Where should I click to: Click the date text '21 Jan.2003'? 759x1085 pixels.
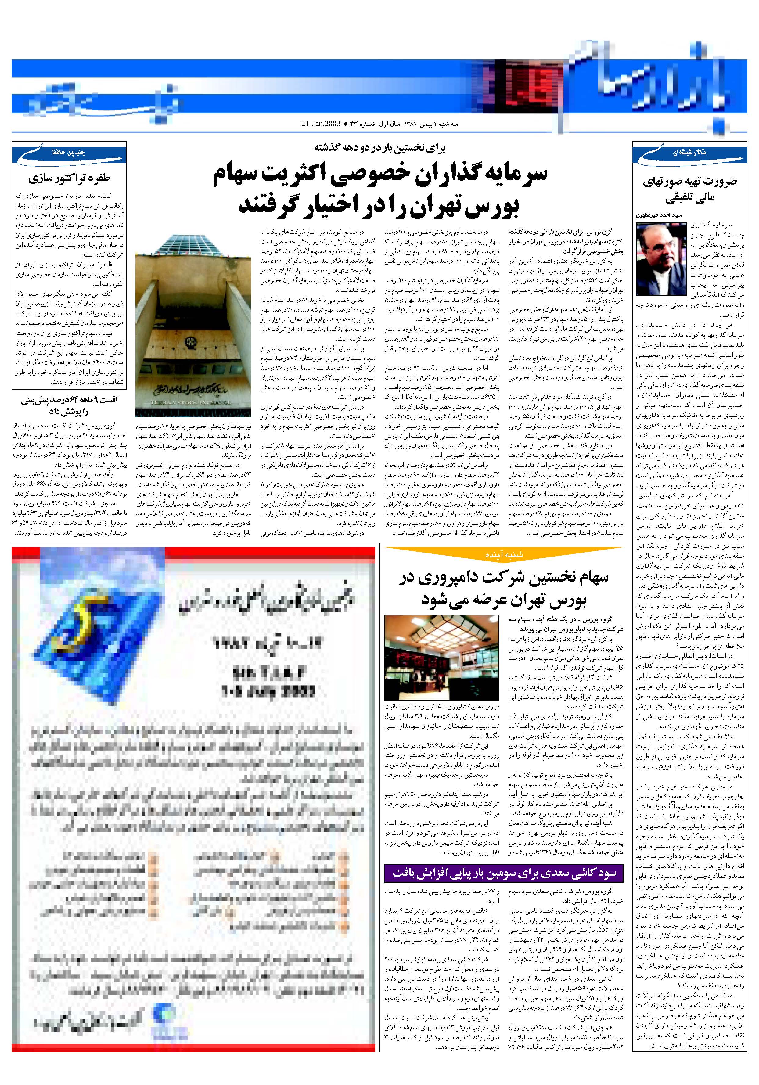point(320,124)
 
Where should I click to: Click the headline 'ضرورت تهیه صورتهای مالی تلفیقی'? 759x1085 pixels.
point(689,189)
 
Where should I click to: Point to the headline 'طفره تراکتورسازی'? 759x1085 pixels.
point(69,178)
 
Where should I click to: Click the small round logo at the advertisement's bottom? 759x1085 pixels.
point(162,1015)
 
